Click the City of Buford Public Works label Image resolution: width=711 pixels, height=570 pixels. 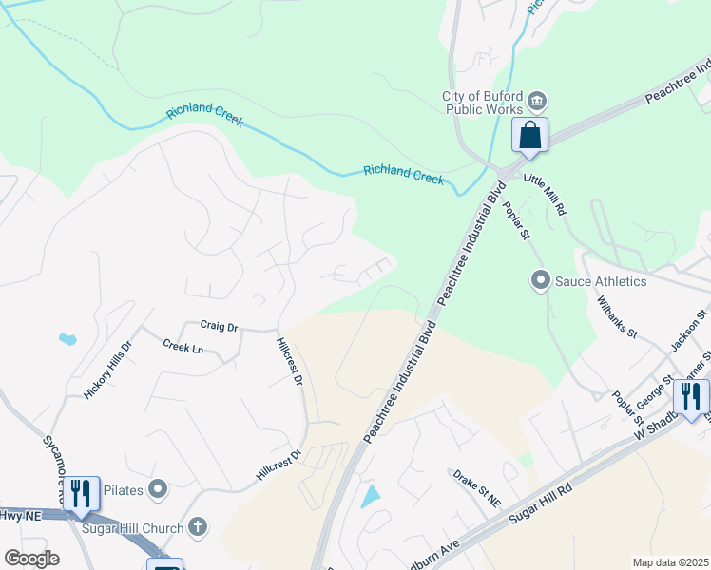[x=482, y=103]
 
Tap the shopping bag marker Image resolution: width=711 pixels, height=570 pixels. [x=529, y=135]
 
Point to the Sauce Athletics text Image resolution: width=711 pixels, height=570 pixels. [x=602, y=281]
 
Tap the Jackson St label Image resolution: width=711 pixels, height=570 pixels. [x=690, y=331]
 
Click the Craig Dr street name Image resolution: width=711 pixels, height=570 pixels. [x=219, y=326]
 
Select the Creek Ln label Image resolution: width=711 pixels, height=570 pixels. [x=183, y=348]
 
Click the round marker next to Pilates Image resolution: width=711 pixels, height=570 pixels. [x=159, y=489]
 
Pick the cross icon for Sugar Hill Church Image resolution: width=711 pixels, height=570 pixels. [x=198, y=525]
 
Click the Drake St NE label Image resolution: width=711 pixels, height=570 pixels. [x=476, y=485]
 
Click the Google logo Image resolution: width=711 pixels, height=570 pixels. [x=31, y=559]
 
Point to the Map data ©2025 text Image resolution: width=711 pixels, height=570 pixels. [x=669, y=562]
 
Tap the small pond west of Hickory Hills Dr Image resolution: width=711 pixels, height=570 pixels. [x=67, y=338]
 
